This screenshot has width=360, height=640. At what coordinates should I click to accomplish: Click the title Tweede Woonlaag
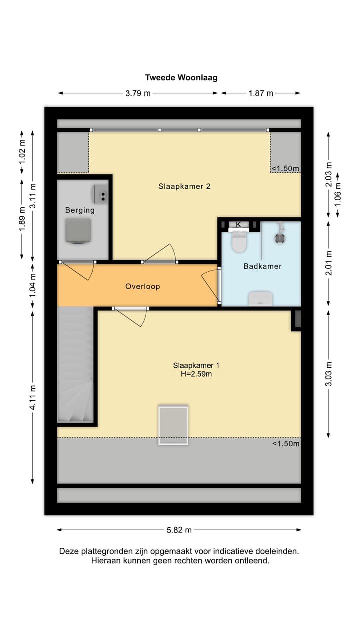pos(181,78)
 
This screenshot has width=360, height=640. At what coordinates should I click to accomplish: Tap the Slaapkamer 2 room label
pos(184,186)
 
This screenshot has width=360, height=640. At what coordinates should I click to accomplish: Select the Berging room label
pos(80,210)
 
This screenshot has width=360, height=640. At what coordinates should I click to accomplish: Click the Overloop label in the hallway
pos(142,287)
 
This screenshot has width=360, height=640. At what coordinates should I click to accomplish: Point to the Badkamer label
pos(262,266)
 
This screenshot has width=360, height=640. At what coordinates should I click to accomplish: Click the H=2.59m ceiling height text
pos(196,374)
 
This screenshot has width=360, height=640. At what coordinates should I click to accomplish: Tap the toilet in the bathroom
pos(239,242)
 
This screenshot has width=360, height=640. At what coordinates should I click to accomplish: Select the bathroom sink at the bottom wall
pos(260,299)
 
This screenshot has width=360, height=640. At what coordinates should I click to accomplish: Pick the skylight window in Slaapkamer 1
pos(173,425)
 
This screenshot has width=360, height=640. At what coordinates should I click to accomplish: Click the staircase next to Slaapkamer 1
pos(75,365)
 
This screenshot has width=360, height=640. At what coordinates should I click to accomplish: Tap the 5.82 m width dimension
pos(179,530)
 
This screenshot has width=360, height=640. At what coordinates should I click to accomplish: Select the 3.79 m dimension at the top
pos(138,93)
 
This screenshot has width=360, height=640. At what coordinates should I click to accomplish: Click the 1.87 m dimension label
pos(261,93)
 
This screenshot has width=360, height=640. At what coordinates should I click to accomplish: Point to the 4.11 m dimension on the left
pos(33,397)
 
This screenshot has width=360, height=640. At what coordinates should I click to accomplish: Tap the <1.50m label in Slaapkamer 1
pos(286,444)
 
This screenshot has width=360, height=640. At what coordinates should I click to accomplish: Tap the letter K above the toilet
pos(239,225)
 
